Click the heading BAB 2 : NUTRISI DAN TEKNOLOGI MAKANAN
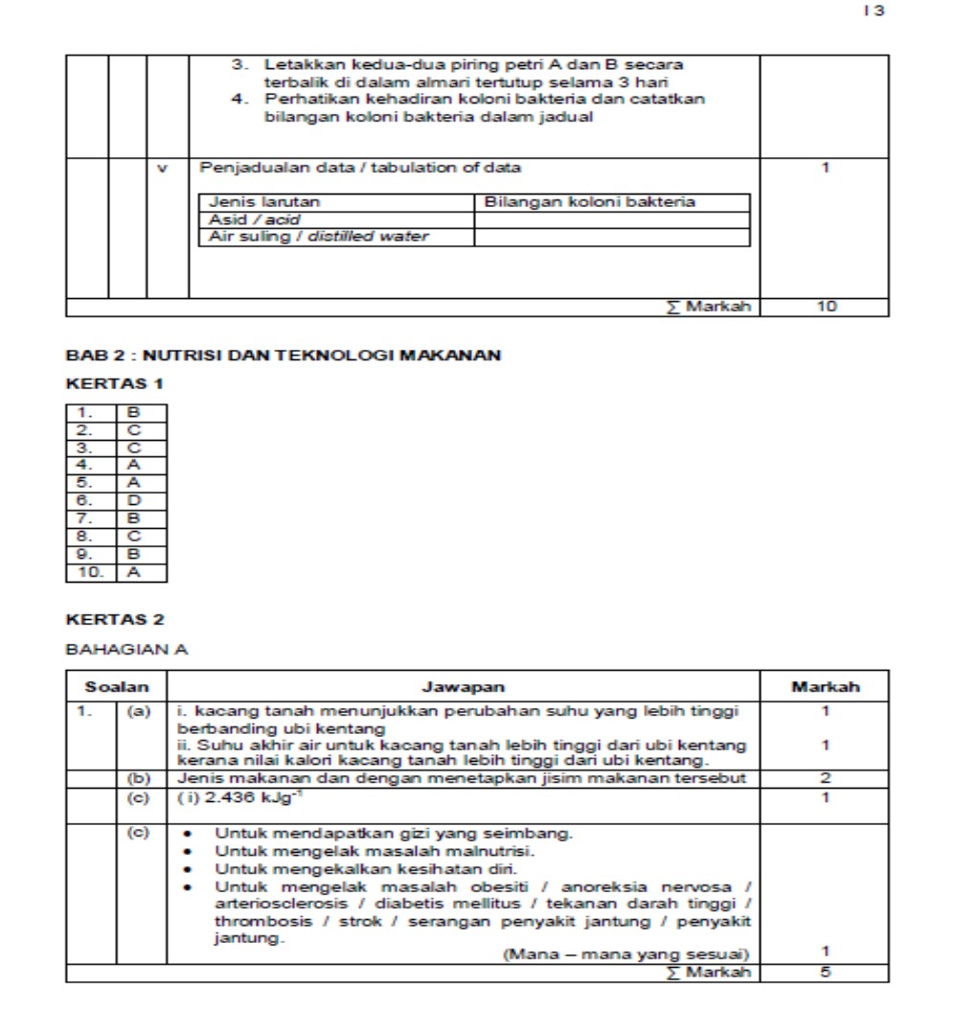click(x=283, y=356)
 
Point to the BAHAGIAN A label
click(x=126, y=650)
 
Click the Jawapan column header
click(x=463, y=686)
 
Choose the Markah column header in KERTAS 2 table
click(x=825, y=686)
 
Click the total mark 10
click(x=826, y=307)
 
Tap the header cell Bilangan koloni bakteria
click(x=590, y=202)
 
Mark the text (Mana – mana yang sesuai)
click(x=626, y=954)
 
